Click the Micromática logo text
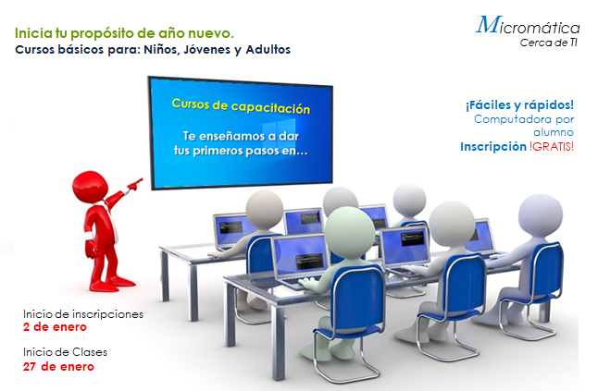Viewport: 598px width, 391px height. click(528, 25)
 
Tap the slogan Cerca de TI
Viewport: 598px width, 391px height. click(548, 43)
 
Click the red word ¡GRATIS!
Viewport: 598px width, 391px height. click(552, 147)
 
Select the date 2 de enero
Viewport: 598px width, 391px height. click(55, 327)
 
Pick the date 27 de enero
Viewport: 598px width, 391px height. click(58, 367)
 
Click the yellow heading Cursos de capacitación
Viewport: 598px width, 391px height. click(241, 106)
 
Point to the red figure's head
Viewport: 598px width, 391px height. click(90, 187)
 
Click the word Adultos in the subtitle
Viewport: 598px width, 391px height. click(268, 50)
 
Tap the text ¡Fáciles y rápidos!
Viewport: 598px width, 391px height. click(519, 105)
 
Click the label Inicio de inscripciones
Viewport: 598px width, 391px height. click(83, 314)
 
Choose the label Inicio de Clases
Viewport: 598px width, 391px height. click(65, 352)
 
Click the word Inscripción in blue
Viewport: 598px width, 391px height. click(493, 147)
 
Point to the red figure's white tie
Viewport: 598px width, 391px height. click(112, 222)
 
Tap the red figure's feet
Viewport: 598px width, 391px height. click(112, 284)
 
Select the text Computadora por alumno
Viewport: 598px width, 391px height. click(524, 126)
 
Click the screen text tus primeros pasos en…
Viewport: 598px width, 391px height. click(241, 151)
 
